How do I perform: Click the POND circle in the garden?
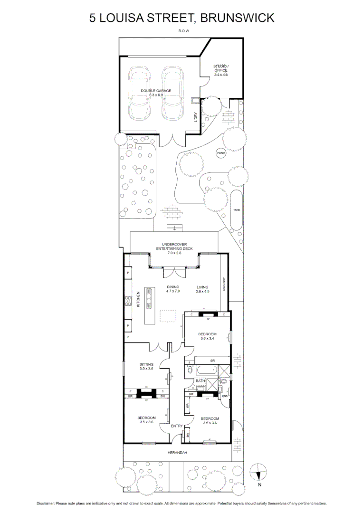click(x=221, y=153)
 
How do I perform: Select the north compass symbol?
click(x=259, y=473)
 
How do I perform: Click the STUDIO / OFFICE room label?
click(x=221, y=70)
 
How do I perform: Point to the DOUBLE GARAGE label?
click(x=156, y=93)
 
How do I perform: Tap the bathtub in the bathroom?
click(x=206, y=370)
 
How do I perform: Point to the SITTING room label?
click(x=146, y=366)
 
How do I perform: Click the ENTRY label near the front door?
click(x=177, y=426)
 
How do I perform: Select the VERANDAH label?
click(x=177, y=453)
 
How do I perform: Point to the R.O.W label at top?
click(x=181, y=33)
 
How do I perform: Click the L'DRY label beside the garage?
click(x=196, y=117)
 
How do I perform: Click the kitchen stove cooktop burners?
click(x=128, y=301)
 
